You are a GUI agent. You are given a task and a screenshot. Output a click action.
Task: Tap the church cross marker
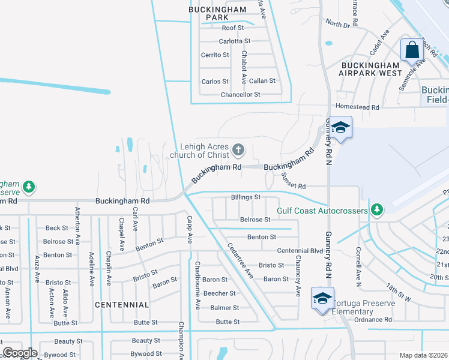point(238,149)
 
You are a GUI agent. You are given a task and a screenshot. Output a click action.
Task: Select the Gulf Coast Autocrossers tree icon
point(376,209)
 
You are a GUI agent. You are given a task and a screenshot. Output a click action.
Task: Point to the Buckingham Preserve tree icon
point(28,187)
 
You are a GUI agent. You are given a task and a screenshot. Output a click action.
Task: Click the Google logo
point(19,353)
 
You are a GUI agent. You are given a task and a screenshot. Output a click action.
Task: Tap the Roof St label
point(232,28)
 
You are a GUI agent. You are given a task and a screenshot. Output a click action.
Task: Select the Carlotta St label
point(234,41)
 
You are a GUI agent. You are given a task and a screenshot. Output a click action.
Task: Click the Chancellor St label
point(240,95)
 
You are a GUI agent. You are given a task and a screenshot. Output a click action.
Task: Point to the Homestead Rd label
point(358,107)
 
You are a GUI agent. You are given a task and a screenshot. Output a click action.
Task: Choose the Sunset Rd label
point(294,186)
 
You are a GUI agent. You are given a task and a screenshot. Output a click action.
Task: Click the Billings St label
point(246,197)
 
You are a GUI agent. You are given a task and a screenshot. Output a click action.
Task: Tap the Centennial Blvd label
point(300,250)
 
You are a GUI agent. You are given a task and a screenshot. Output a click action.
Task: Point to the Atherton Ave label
point(77,226)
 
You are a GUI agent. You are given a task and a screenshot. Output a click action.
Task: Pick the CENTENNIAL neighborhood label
point(122,305)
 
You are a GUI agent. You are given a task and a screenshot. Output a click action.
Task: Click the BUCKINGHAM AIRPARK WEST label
point(372,69)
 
